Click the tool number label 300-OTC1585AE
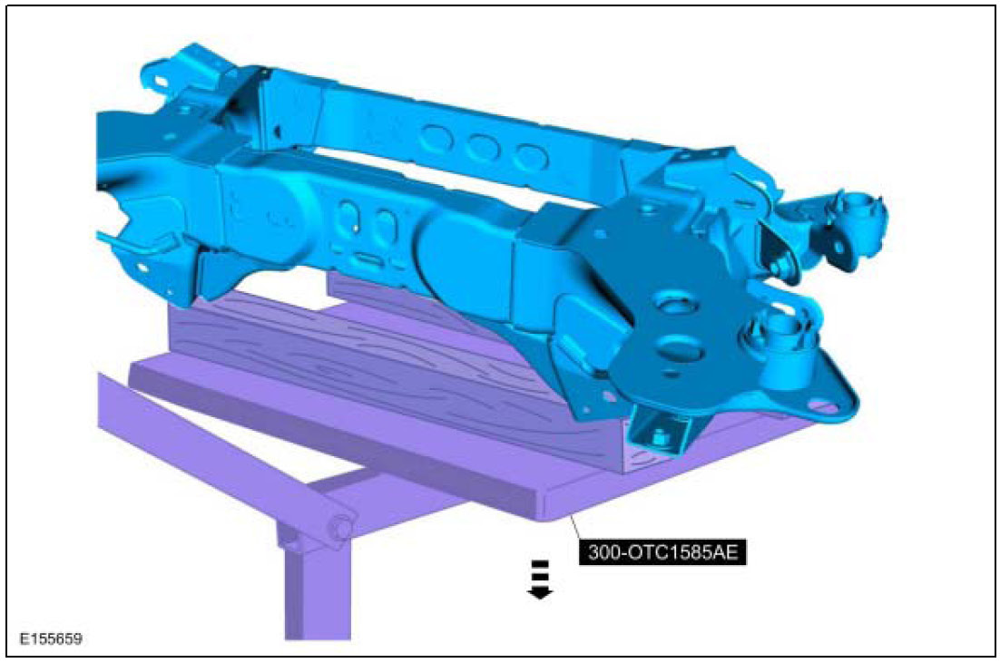coord(662,551)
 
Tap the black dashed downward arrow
coord(540,580)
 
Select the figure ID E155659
coord(51,639)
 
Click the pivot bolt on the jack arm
coord(340,527)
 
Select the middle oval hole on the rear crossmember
coord(482,148)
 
